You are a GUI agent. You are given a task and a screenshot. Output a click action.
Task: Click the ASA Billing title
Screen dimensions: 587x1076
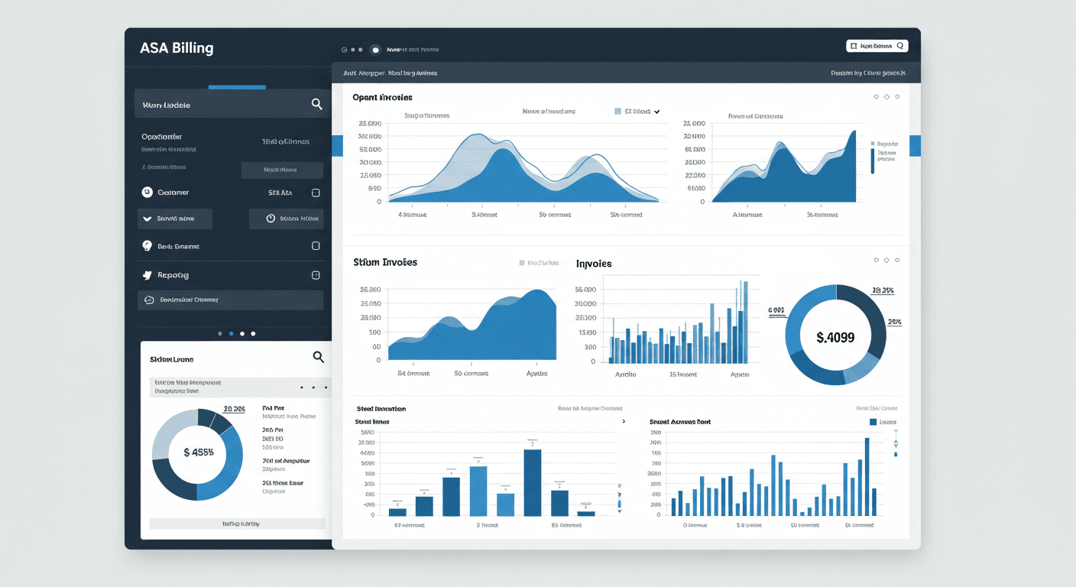pos(177,48)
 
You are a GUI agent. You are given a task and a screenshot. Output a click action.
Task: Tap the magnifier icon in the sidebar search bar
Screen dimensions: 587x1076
pos(316,104)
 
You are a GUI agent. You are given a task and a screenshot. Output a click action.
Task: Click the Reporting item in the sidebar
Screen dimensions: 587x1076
pos(173,275)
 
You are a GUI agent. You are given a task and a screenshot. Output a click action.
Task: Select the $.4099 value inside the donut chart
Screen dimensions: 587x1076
pos(835,337)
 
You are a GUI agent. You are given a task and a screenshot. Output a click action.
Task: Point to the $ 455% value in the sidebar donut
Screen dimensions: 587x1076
pos(199,452)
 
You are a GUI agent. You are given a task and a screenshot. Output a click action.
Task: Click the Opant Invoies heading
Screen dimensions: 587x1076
pos(382,97)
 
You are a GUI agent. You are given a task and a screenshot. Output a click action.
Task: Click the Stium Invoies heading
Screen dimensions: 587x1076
pos(385,262)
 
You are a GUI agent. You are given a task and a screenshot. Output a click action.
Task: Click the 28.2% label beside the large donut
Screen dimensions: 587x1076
pos(882,290)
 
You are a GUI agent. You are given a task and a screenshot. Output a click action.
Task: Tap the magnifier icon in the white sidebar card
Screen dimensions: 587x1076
pos(319,357)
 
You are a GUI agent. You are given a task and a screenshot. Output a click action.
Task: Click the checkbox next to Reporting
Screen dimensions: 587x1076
pos(316,274)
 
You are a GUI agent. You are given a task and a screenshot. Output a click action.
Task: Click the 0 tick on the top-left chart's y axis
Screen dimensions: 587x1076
pos(378,202)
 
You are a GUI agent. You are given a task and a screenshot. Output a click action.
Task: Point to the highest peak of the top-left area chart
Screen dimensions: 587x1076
pos(478,135)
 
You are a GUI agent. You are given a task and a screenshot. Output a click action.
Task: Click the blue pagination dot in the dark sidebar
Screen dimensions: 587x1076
pos(231,333)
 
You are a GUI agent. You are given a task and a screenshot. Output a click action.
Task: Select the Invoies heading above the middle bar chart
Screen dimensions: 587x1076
pos(594,264)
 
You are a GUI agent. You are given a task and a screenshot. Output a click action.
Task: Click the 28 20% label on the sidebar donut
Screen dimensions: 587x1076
pos(234,409)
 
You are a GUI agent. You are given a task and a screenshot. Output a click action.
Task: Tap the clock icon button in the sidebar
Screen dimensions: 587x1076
pos(271,219)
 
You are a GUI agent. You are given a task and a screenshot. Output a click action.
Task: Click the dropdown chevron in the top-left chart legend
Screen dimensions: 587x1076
pos(656,112)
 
